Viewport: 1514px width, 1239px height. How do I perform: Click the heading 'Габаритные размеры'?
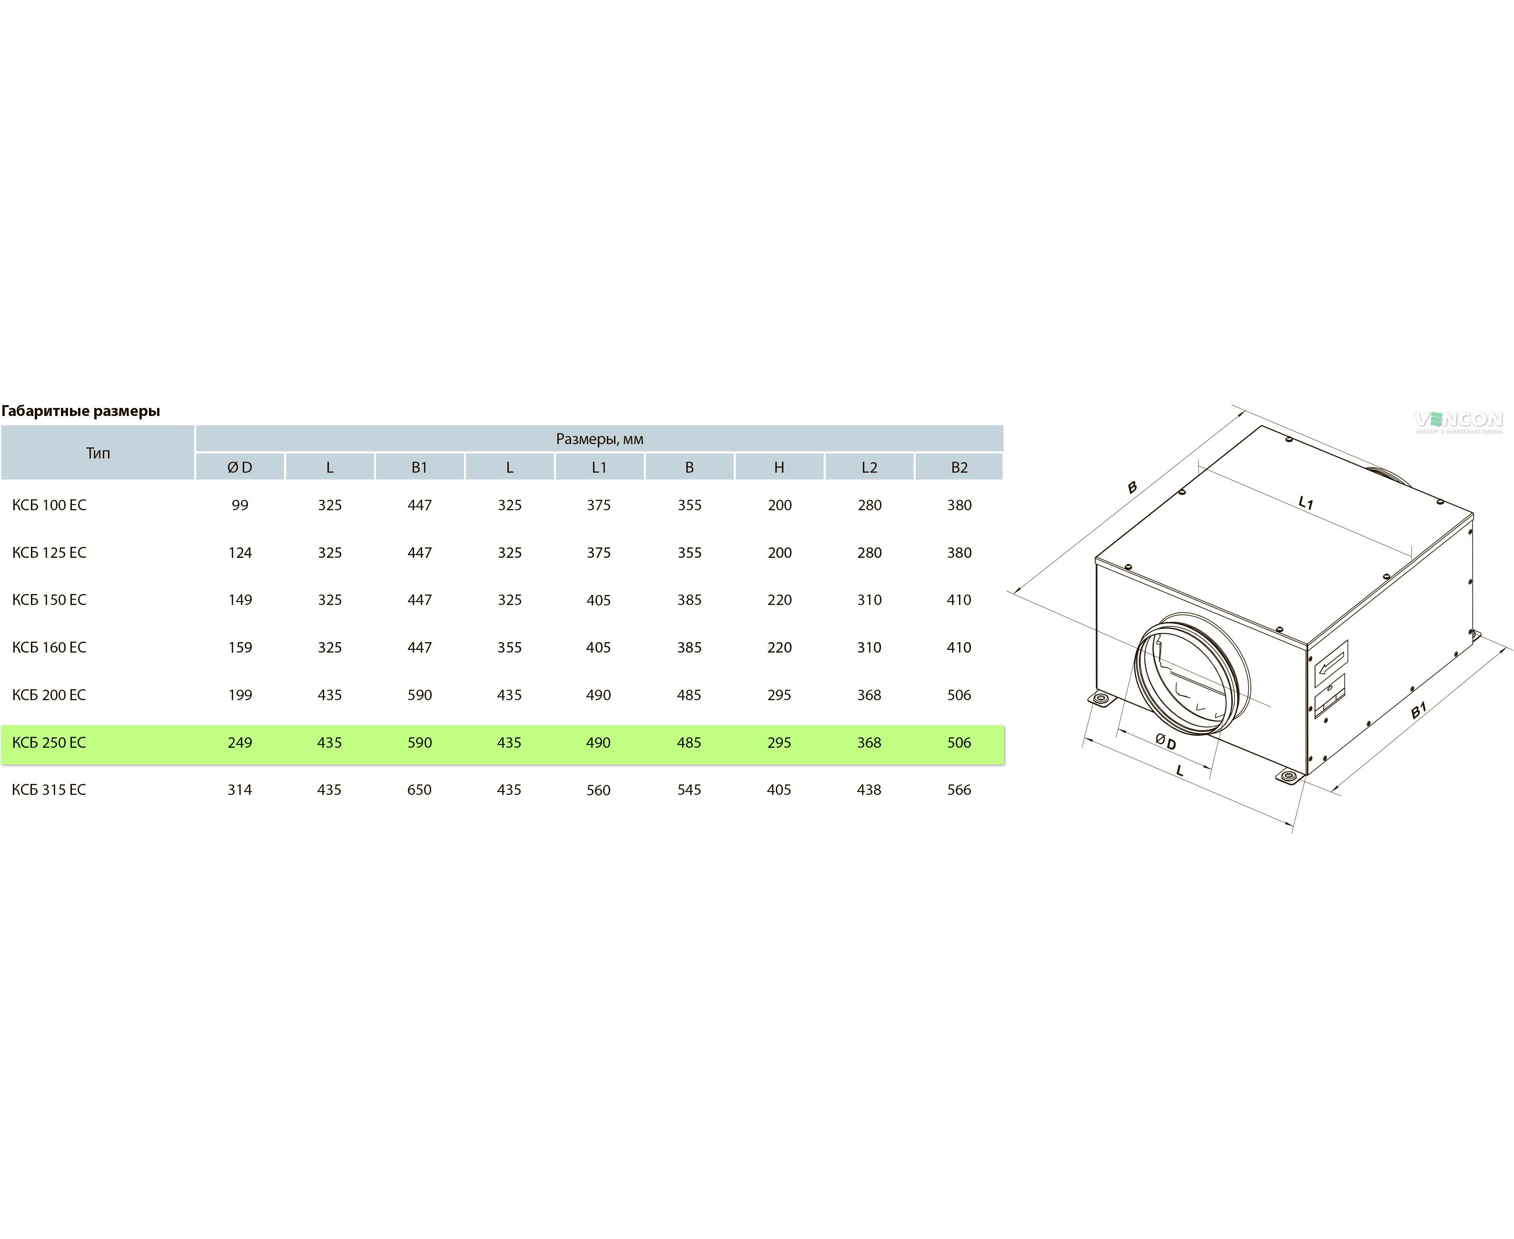coord(80,411)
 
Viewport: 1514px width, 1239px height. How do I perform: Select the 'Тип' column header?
coord(98,453)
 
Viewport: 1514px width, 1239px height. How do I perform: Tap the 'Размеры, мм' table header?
coord(599,439)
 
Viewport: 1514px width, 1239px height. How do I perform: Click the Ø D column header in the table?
coord(240,467)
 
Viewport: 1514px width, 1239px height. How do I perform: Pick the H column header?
coord(779,467)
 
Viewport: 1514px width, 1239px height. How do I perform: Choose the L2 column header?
coord(869,467)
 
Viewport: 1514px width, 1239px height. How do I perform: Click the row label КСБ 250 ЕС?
coord(49,742)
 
